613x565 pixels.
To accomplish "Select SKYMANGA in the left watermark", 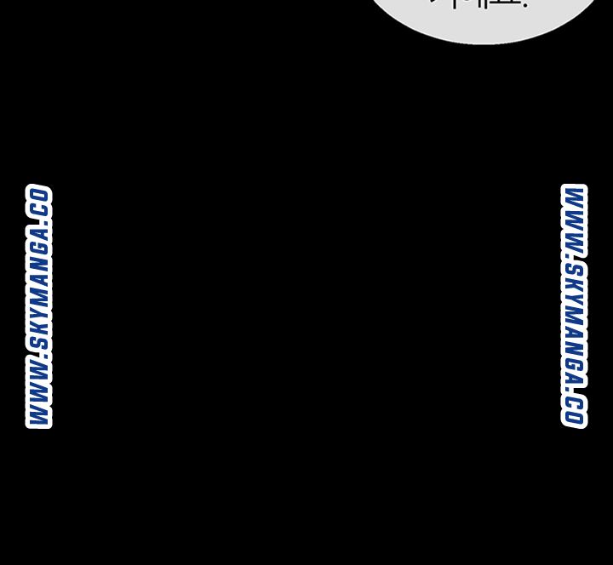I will pos(39,290).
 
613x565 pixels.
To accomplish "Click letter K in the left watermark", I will pos(39,328).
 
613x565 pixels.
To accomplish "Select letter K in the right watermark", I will pos(574,285).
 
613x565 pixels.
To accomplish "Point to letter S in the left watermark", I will pos(39,343).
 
